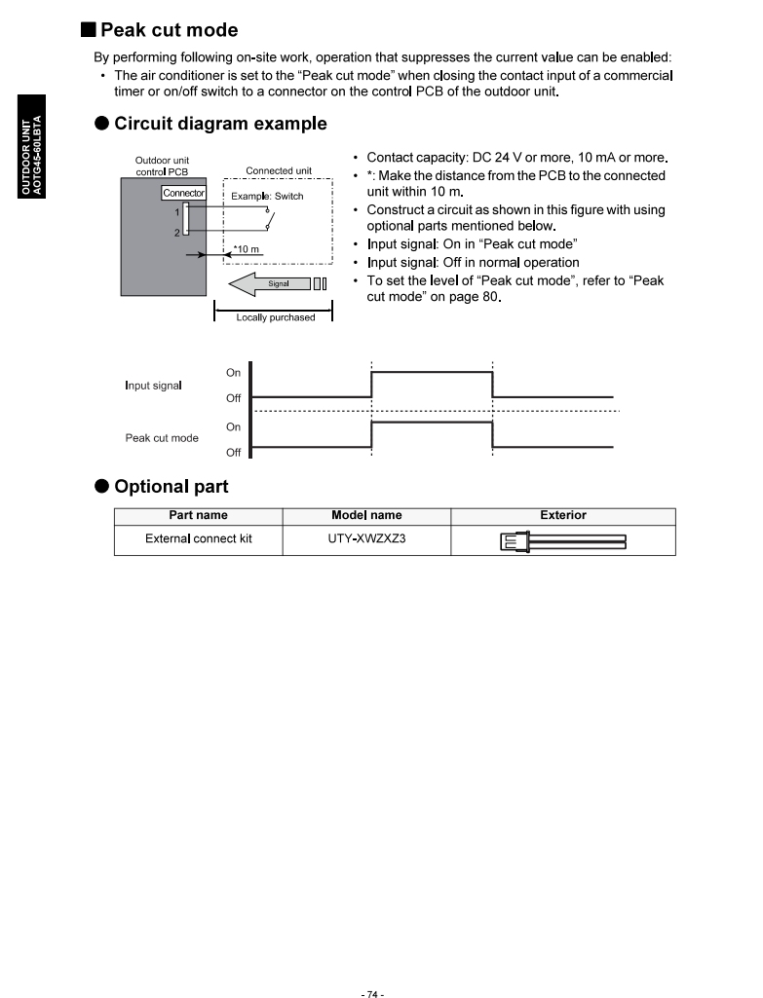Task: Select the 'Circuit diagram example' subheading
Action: (220, 124)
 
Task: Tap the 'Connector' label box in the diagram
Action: (183, 193)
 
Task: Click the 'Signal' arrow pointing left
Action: (269, 283)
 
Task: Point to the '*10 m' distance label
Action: (247, 249)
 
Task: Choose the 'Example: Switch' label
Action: (267, 197)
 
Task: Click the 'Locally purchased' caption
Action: (275, 317)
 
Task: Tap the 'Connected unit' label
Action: (279, 171)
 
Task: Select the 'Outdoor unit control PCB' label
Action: (162, 166)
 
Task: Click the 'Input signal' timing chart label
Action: (153, 386)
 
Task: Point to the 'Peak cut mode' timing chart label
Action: (162, 438)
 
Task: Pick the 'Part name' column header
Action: (198, 516)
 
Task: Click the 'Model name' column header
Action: (366, 516)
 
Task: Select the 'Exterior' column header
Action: (563, 516)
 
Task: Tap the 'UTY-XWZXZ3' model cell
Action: (366, 539)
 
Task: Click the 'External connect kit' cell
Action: (198, 539)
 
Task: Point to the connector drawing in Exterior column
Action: (562, 541)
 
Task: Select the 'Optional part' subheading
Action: (171, 486)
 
